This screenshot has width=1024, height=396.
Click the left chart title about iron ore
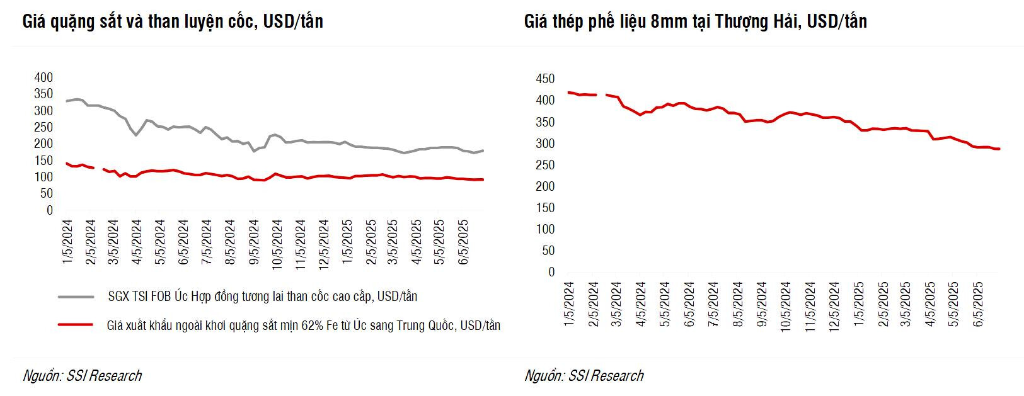pos(173,22)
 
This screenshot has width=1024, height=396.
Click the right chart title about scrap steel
pos(695,22)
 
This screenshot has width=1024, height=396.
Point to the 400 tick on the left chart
pos(43,77)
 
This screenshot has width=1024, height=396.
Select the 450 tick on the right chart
pos(545,79)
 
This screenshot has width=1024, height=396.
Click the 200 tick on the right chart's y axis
pos(545,186)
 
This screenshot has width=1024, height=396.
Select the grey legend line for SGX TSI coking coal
pos(76,297)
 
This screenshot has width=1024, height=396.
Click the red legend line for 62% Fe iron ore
pos(76,325)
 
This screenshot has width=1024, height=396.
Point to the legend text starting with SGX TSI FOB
pos(262,297)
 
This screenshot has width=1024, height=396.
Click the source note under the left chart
pos(82,376)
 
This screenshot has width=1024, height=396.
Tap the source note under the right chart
pos(584,376)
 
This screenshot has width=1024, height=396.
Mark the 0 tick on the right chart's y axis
pos(551,272)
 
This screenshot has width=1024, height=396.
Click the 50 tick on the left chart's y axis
pos(47,194)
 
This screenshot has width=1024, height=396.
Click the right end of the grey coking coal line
pos(483,150)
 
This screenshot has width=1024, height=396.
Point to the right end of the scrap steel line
pos(999,149)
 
